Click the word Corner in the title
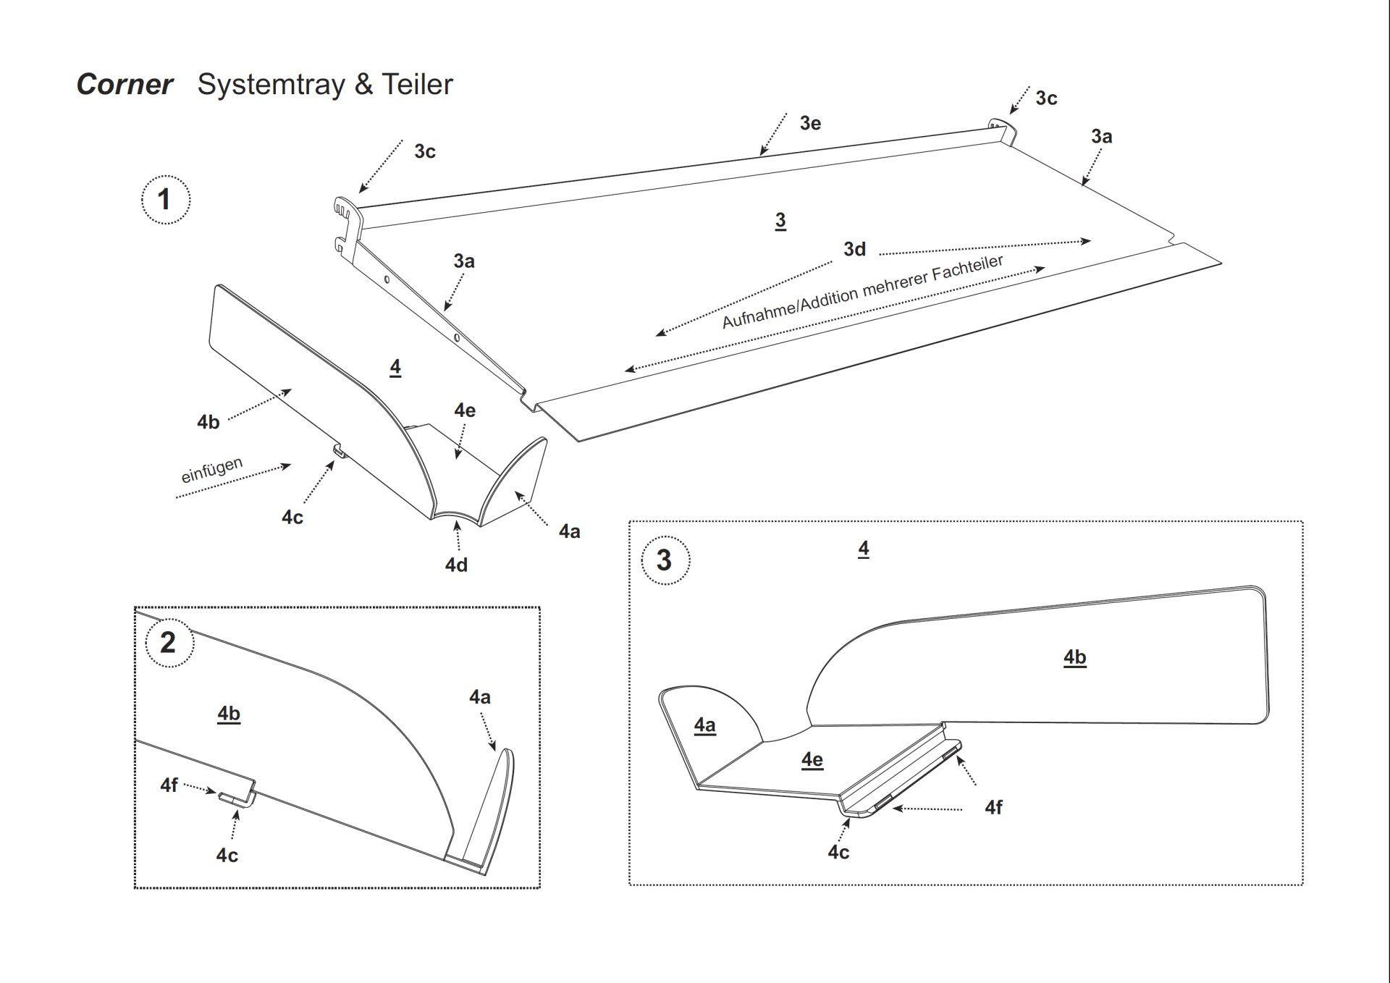point(125,85)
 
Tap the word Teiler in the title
point(417,85)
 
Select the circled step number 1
point(165,199)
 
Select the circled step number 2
point(169,642)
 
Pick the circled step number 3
point(665,560)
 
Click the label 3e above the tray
point(810,123)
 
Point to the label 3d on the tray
point(854,249)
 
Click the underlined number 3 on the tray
point(780,220)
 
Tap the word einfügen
point(211,470)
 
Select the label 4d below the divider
point(456,565)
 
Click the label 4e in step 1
point(465,410)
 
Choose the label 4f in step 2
point(169,785)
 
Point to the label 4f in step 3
point(993,807)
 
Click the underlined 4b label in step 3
point(1074,657)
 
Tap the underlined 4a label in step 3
point(704,725)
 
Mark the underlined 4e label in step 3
point(812,759)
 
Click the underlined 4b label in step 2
point(229,714)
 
